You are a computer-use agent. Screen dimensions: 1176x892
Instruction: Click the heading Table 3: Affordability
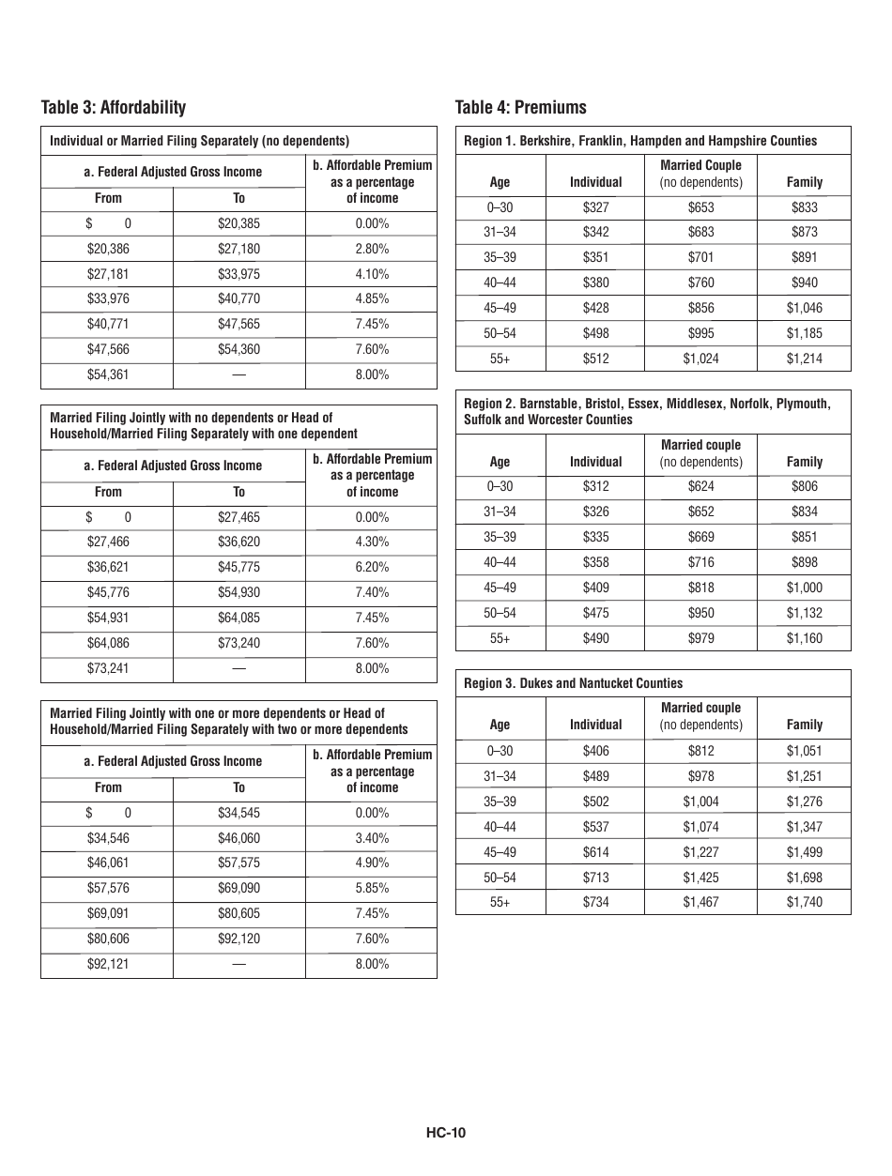pyautogui.click(x=114, y=107)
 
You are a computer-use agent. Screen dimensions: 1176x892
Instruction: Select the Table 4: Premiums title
pyautogui.click(x=520, y=107)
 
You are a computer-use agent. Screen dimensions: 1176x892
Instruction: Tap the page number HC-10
pyautogui.click(x=445, y=1132)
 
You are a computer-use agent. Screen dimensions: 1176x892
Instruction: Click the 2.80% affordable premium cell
pyautogui.click(x=372, y=249)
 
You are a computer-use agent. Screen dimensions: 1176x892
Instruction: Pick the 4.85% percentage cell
pyautogui.click(x=372, y=299)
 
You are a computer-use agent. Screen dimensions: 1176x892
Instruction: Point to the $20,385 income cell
pyautogui.click(x=238, y=224)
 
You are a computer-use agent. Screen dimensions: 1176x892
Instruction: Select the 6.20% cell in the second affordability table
pyautogui.click(x=372, y=568)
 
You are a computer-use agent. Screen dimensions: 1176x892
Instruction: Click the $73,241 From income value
pyautogui.click(x=107, y=668)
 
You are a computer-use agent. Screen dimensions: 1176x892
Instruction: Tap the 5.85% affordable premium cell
pyautogui.click(x=372, y=888)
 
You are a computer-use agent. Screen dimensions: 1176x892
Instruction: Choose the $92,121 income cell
pyautogui.click(x=107, y=964)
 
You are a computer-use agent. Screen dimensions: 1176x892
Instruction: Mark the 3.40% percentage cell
pyautogui.click(x=372, y=838)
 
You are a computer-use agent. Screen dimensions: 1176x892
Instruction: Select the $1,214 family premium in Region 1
pyautogui.click(x=804, y=359)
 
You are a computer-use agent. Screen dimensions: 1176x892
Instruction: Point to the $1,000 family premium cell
pyautogui.click(x=804, y=588)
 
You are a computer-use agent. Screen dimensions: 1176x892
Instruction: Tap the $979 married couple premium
pyautogui.click(x=700, y=638)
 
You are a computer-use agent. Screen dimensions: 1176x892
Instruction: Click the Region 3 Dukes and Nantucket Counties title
pyautogui.click(x=574, y=683)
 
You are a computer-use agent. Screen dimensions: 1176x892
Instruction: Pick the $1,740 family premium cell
pyautogui.click(x=804, y=902)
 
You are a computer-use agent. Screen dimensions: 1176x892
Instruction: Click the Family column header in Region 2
pyautogui.click(x=804, y=462)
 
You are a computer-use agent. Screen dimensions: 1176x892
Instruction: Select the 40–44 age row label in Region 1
pyautogui.click(x=500, y=283)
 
